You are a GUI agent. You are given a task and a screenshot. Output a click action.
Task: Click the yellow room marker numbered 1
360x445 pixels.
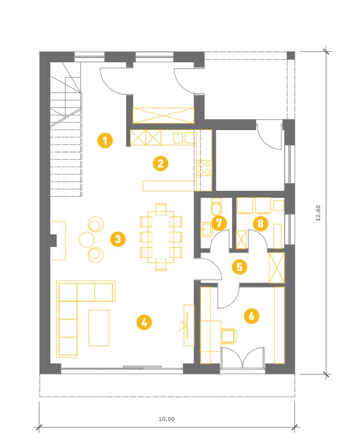click(x=105, y=140)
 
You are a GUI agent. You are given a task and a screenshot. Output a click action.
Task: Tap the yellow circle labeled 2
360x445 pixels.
click(x=160, y=164)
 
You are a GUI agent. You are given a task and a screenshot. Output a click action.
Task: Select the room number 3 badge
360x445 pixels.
click(x=118, y=239)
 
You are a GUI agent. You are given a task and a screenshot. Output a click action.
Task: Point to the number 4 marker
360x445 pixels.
click(x=144, y=323)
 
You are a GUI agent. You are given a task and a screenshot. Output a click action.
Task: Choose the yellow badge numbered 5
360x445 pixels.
click(x=239, y=267)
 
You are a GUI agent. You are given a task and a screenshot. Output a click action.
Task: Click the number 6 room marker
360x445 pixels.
click(x=252, y=315)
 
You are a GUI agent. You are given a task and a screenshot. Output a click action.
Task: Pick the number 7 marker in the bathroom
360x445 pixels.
click(x=219, y=223)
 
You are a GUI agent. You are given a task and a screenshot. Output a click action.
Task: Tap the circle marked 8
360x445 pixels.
click(x=261, y=224)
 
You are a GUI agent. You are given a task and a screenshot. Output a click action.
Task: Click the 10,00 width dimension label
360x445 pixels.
click(x=167, y=419)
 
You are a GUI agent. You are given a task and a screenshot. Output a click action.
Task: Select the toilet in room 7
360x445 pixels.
click(x=216, y=207)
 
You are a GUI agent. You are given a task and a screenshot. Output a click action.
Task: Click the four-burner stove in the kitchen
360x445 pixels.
click(x=204, y=168)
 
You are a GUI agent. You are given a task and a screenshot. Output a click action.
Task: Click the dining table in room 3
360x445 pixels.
click(x=161, y=236)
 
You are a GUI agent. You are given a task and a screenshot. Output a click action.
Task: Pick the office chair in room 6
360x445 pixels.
click(x=229, y=336)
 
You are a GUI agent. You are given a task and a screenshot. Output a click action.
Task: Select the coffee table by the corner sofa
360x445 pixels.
click(x=99, y=328)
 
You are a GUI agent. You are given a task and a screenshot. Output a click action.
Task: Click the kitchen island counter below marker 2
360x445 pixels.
click(x=170, y=186)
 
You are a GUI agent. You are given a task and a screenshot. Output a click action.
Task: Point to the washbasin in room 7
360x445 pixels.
click(x=206, y=229)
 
